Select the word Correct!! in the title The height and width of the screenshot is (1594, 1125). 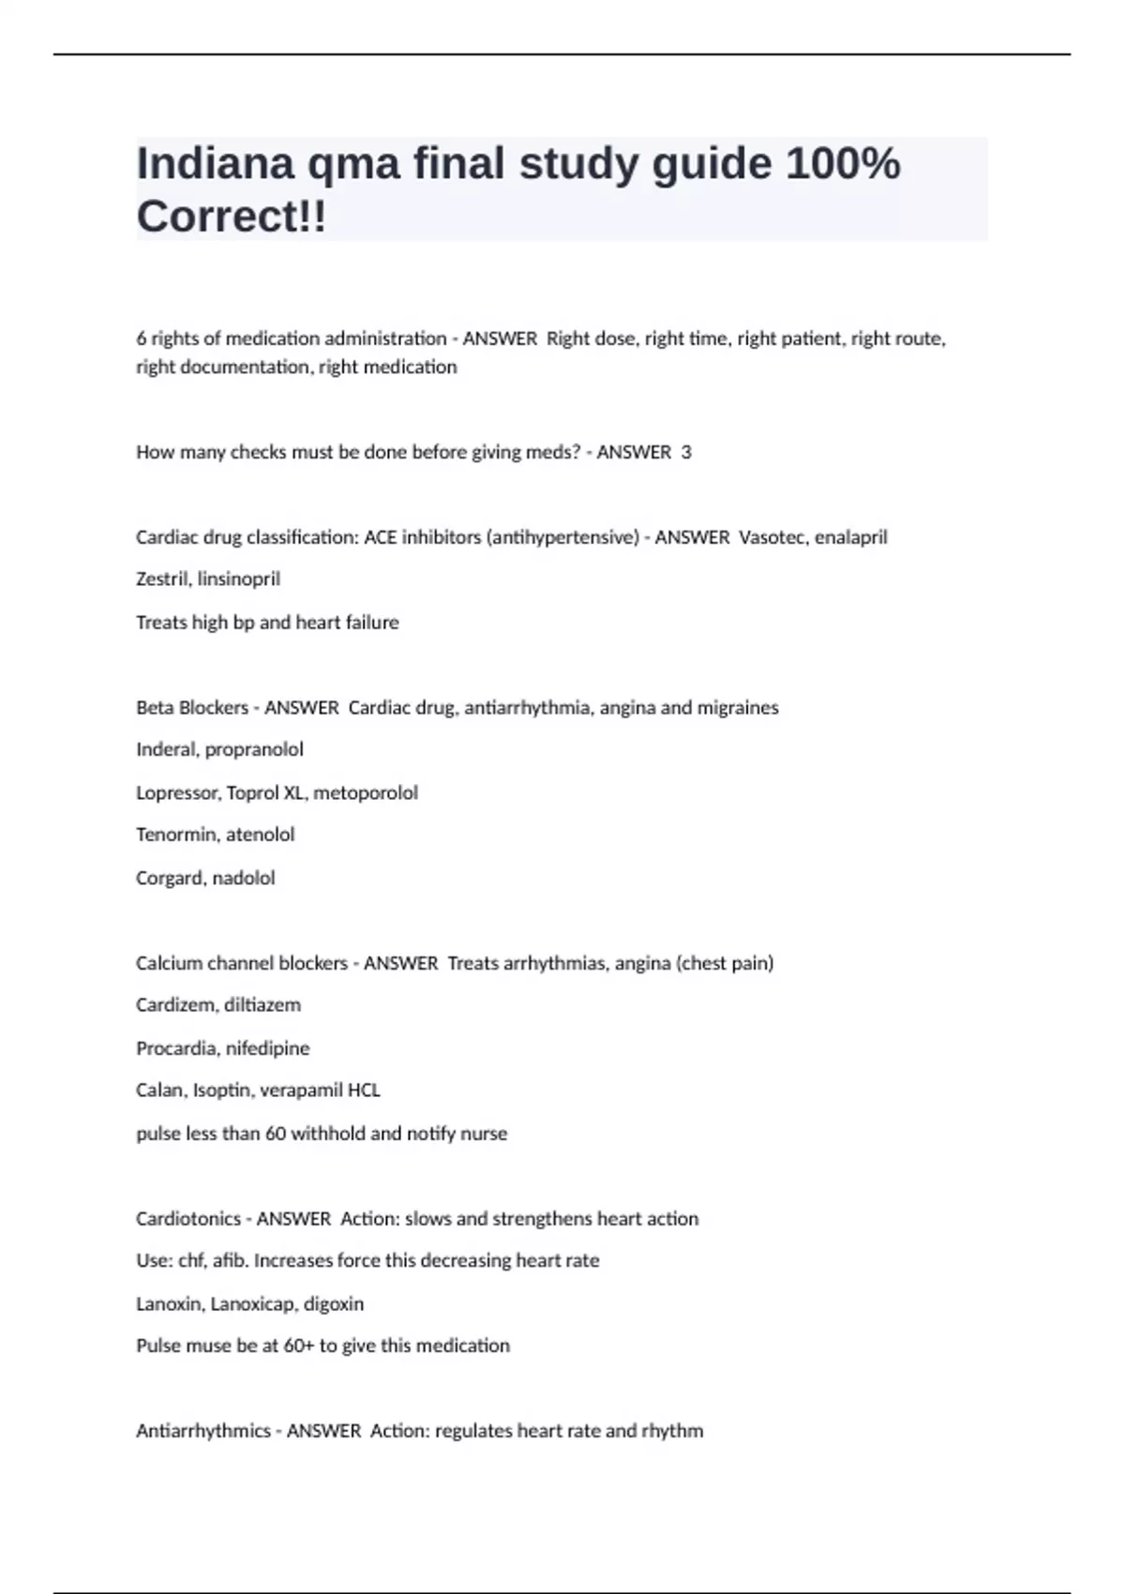(232, 218)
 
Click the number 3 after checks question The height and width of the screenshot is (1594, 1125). (686, 452)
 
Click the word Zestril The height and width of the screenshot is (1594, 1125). (162, 579)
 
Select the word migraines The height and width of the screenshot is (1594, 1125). (735, 708)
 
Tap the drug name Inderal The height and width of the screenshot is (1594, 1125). (166, 750)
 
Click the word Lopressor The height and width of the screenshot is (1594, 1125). (177, 793)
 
